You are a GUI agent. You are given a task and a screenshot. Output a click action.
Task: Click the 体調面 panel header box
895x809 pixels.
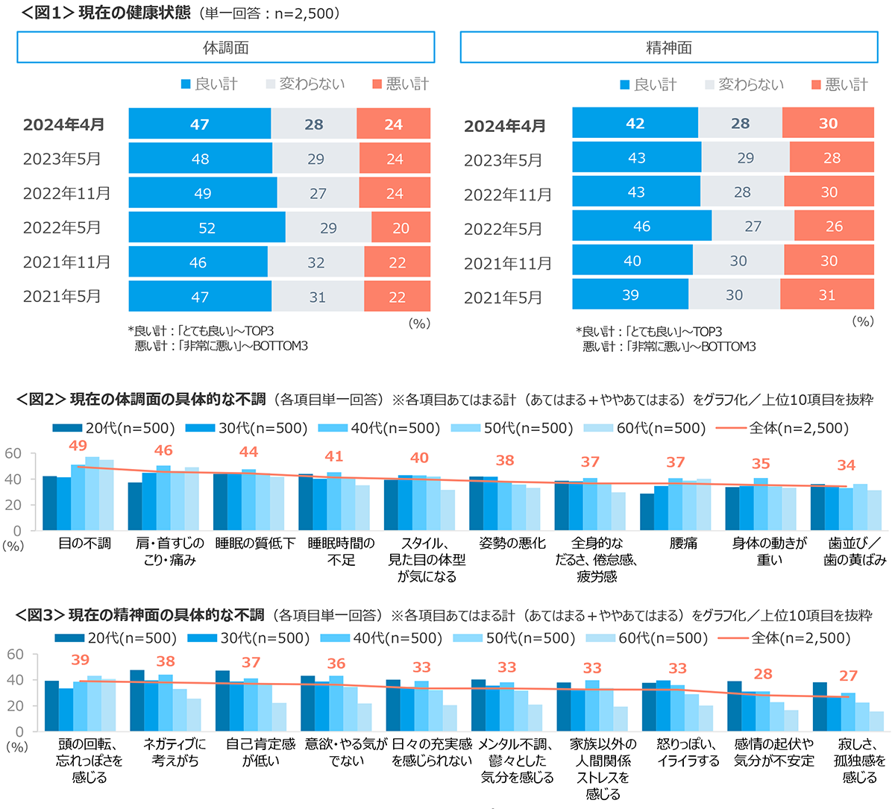tap(225, 48)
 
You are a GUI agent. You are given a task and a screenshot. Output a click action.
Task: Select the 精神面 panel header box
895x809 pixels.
tap(668, 48)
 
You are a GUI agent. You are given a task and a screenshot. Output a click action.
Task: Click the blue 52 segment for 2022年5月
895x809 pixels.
tap(207, 227)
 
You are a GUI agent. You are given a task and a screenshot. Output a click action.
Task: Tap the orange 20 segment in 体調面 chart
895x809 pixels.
tap(401, 227)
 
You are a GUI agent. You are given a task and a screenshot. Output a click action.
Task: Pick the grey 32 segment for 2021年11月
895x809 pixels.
tap(315, 262)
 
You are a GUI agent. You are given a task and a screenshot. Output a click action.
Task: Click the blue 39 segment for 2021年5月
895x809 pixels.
tap(630, 295)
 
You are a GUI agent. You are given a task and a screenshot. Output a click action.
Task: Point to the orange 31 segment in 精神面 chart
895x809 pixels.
tap(826, 295)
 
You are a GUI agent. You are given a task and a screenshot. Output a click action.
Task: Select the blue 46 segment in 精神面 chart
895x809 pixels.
tap(641, 226)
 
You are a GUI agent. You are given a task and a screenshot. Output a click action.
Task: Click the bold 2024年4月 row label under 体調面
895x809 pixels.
tap(64, 125)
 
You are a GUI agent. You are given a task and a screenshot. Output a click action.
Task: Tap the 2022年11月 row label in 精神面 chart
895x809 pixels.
tap(508, 195)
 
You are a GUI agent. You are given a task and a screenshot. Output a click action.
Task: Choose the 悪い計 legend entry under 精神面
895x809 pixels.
tap(841, 84)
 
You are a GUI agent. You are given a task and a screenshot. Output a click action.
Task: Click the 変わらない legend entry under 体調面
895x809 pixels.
tap(306, 84)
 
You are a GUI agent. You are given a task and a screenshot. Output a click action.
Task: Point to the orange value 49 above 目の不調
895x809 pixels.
tap(78, 446)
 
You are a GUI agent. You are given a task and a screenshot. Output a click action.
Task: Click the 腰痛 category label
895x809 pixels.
tap(683, 544)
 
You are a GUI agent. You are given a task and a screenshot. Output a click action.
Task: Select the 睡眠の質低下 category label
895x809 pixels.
tap(255, 544)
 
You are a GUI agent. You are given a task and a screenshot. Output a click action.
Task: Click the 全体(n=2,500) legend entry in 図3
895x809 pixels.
tap(785, 638)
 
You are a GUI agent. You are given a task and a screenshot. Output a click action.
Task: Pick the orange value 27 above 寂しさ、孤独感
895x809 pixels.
tap(848, 676)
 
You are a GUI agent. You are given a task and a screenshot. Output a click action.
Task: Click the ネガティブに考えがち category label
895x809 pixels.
tap(175, 752)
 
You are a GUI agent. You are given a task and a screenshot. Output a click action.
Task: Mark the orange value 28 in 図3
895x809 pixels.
tap(763, 674)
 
